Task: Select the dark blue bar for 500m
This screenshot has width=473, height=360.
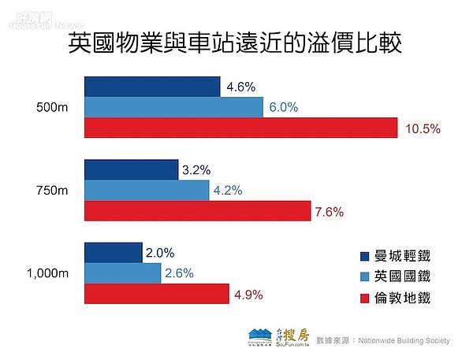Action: point(151,87)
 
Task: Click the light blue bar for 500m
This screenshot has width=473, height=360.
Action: point(173,107)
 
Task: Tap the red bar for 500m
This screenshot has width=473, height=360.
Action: point(240,128)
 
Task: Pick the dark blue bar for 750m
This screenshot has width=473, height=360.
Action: point(130,169)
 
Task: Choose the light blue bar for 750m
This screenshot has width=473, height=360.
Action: point(146,190)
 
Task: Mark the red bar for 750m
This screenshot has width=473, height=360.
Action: point(197,210)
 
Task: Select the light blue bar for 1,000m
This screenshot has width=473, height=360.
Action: point(121,273)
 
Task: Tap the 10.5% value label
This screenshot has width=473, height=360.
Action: point(423,128)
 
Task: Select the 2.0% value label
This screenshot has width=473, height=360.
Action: point(159,253)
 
